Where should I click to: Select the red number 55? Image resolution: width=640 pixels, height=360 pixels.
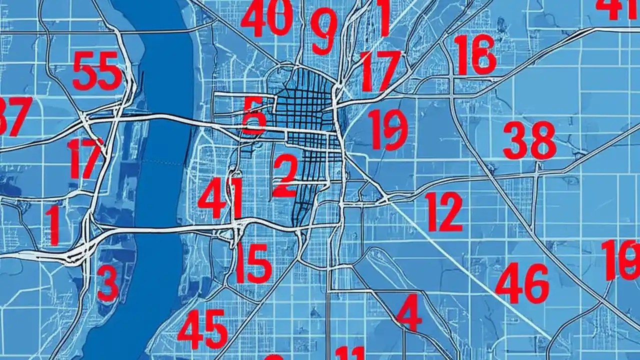(97, 71)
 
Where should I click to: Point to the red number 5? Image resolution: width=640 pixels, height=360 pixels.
(254, 115)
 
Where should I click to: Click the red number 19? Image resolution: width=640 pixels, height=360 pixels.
(387, 129)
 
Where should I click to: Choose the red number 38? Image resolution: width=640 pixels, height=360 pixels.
(529, 140)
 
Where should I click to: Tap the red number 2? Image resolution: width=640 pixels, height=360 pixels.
(285, 175)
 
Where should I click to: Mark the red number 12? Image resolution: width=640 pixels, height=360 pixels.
(444, 211)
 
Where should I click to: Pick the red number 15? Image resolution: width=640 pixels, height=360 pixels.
(253, 263)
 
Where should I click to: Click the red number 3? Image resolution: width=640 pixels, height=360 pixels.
(108, 282)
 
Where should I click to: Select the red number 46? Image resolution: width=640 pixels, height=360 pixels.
(521, 283)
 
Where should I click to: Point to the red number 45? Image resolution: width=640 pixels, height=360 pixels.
(202, 328)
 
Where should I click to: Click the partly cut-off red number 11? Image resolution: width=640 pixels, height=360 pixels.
(350, 353)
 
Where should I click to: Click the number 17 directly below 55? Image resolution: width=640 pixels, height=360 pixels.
(85, 158)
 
